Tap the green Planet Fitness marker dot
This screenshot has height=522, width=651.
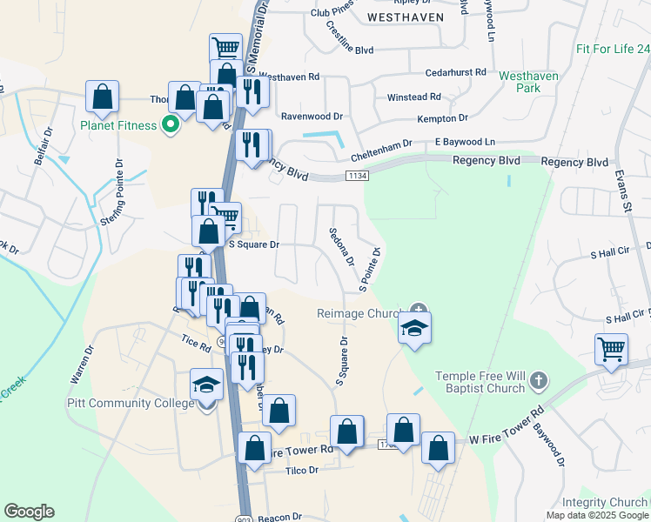click(x=171, y=125)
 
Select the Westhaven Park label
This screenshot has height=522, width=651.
click(x=528, y=82)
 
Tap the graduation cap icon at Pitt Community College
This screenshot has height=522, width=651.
click(x=207, y=385)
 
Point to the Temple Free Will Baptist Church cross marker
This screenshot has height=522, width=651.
click(x=539, y=380)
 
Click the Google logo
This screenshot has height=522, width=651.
click(x=29, y=512)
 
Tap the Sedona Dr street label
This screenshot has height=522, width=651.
click(x=341, y=247)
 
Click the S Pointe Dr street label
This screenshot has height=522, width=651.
click(x=368, y=270)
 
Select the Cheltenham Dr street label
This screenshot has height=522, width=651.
click(x=381, y=155)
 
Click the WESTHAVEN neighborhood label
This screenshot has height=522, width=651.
click(x=406, y=17)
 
